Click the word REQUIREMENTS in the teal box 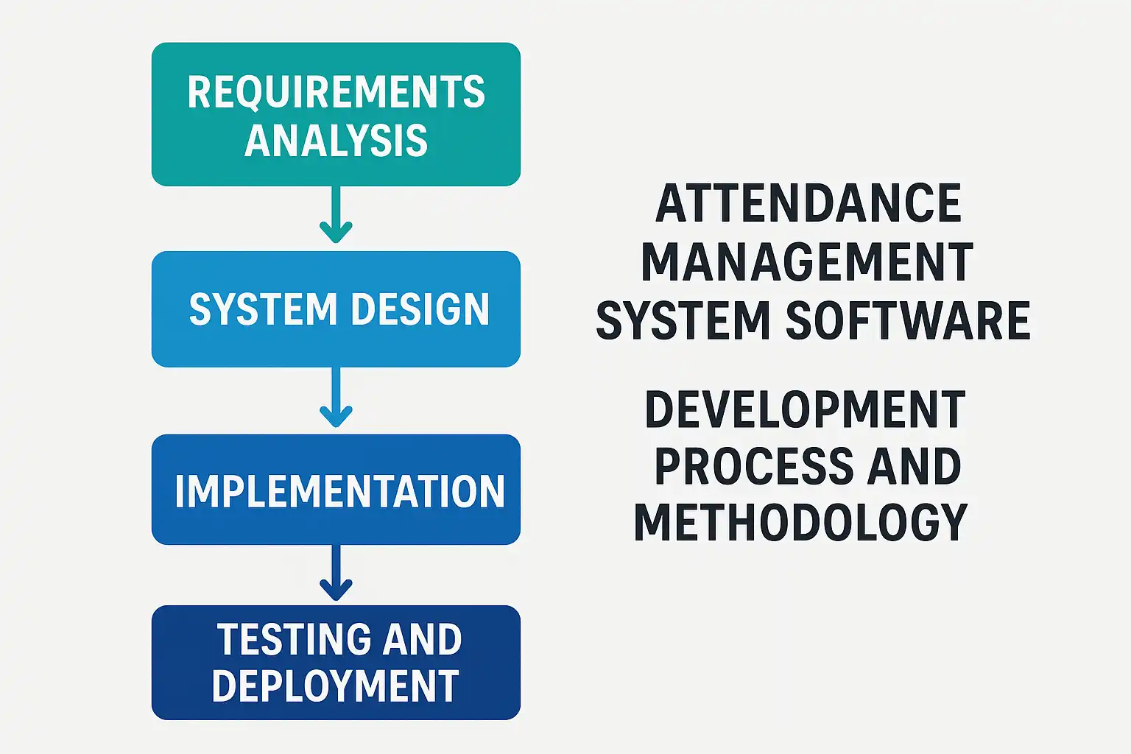tap(337, 92)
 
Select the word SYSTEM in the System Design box tap(263, 309)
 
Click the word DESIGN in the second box tap(420, 309)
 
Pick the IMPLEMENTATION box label tap(339, 491)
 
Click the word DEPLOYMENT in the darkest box tap(336, 686)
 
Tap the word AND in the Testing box tap(422, 639)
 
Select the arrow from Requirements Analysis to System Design tap(337, 214)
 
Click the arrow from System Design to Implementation tap(337, 397)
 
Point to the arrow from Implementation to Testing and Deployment tap(337, 573)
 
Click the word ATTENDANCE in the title tap(808, 203)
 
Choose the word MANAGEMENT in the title tap(807, 261)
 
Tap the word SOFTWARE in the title tap(908, 320)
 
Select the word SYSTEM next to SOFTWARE tap(683, 320)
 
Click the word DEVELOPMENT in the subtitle tap(805, 409)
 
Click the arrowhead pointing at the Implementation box tap(337, 418)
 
